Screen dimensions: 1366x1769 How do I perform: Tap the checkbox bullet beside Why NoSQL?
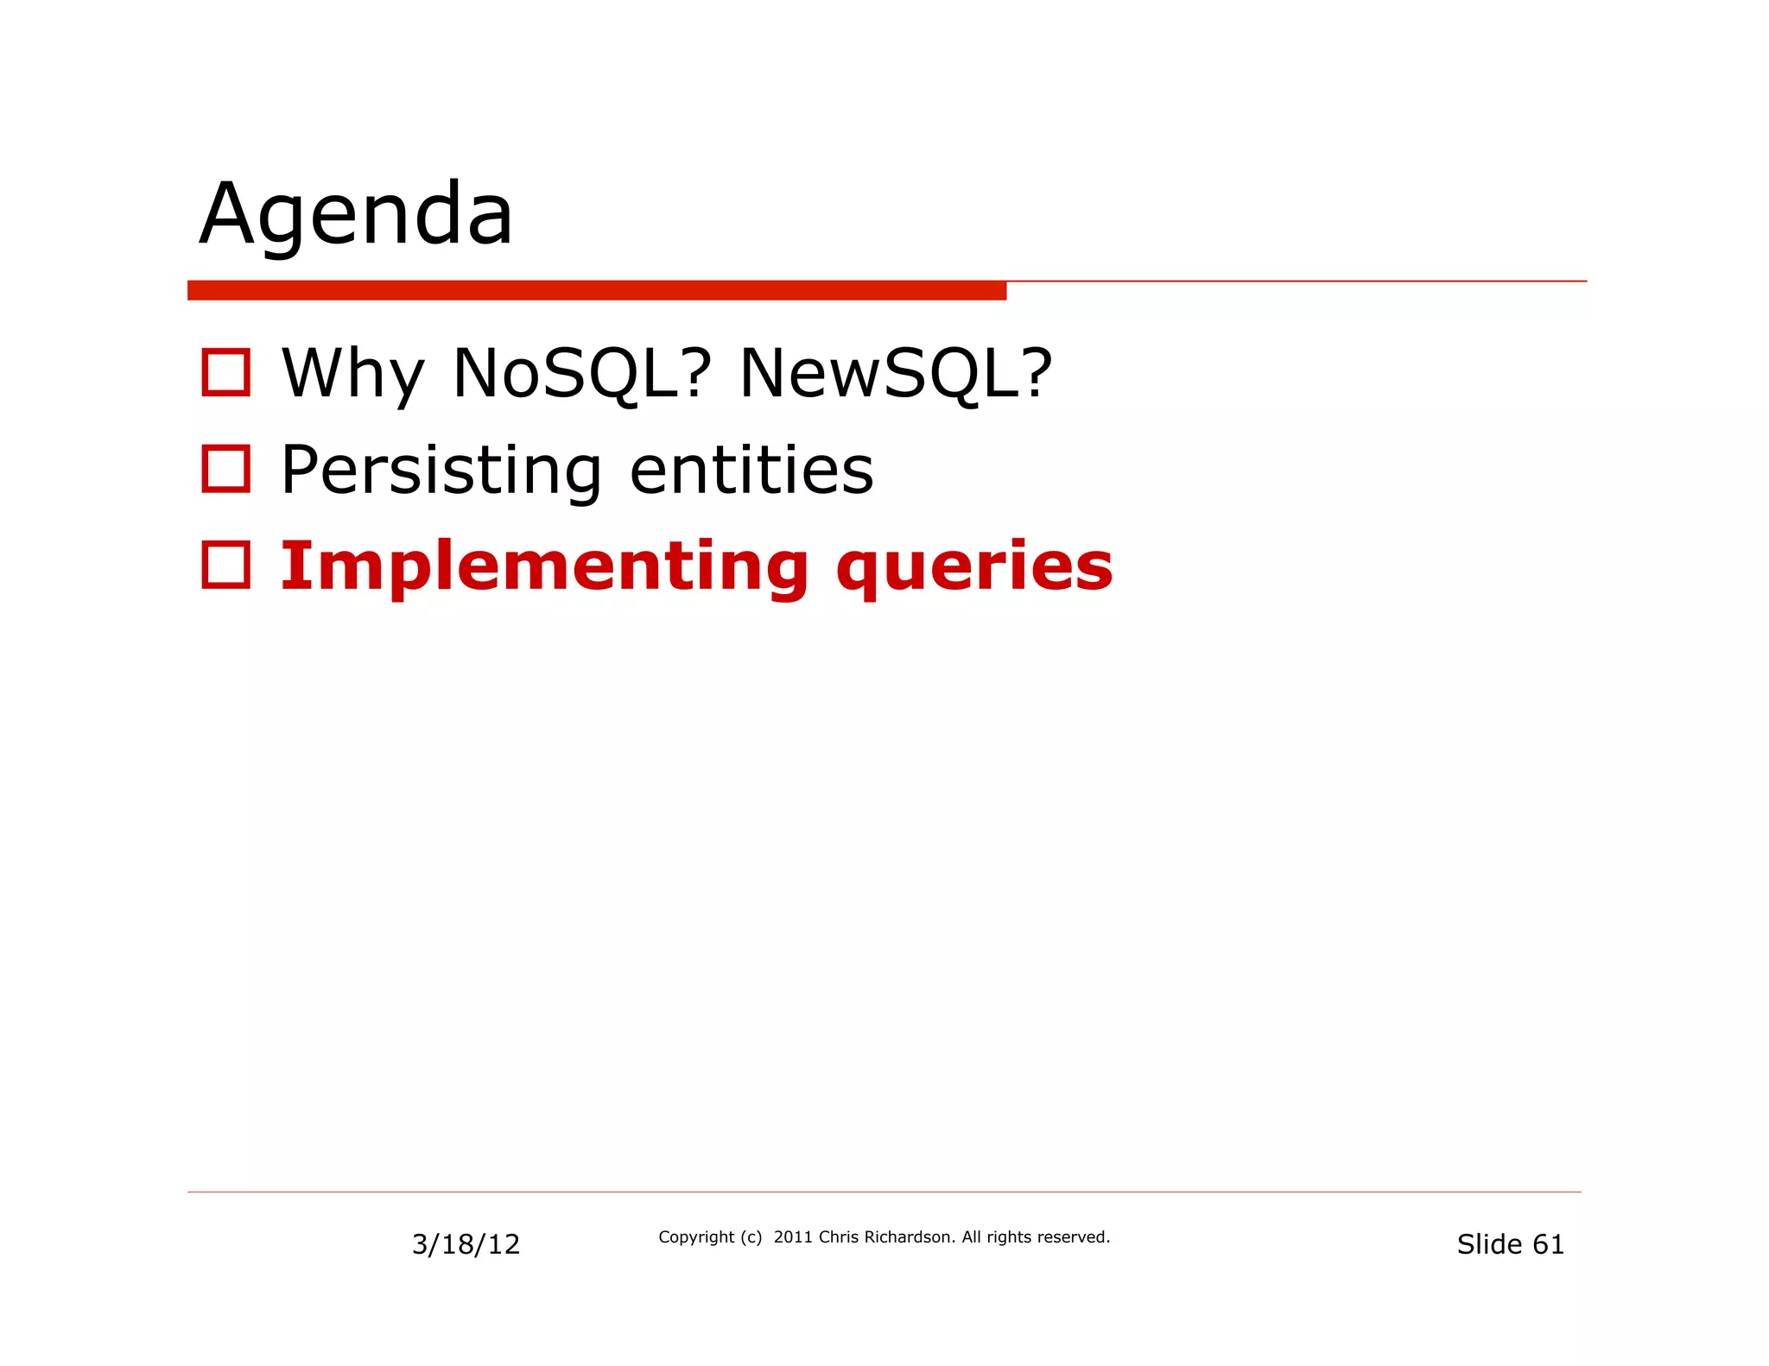click(x=225, y=372)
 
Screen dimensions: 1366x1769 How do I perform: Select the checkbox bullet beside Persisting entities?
click(x=225, y=469)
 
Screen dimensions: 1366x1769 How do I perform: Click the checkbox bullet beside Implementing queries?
click(x=225, y=565)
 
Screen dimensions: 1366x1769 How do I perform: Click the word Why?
click(x=352, y=374)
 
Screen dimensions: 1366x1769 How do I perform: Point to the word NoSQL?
click(x=581, y=374)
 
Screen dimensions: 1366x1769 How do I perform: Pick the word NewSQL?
click(x=896, y=374)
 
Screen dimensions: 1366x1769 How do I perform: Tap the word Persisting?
click(x=441, y=471)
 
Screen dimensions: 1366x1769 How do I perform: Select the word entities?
click(x=751, y=471)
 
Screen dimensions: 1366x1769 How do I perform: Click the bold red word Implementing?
click(x=544, y=566)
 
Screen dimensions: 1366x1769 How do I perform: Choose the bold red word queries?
click(x=974, y=568)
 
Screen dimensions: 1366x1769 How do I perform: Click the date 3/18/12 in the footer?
click(x=466, y=1244)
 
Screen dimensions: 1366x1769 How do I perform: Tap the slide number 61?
click(x=1548, y=1244)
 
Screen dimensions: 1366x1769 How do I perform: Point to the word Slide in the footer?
click(x=1489, y=1244)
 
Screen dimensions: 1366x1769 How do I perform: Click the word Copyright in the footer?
click(x=696, y=1237)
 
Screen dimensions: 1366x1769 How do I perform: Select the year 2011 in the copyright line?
click(x=793, y=1237)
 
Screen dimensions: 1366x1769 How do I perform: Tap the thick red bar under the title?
click(x=596, y=290)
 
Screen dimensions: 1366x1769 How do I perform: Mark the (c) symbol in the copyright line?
click(x=751, y=1237)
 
